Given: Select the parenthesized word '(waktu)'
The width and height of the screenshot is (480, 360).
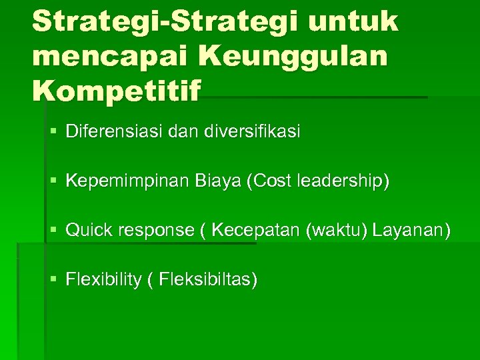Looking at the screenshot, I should [336, 231].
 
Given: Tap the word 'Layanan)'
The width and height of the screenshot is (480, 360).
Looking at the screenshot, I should [411, 231].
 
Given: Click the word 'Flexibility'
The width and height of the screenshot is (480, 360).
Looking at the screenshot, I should [103, 280].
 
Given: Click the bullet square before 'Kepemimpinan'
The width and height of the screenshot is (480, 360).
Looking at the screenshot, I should [53, 181].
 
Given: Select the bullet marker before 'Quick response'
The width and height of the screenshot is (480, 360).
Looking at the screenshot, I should [53, 231].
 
